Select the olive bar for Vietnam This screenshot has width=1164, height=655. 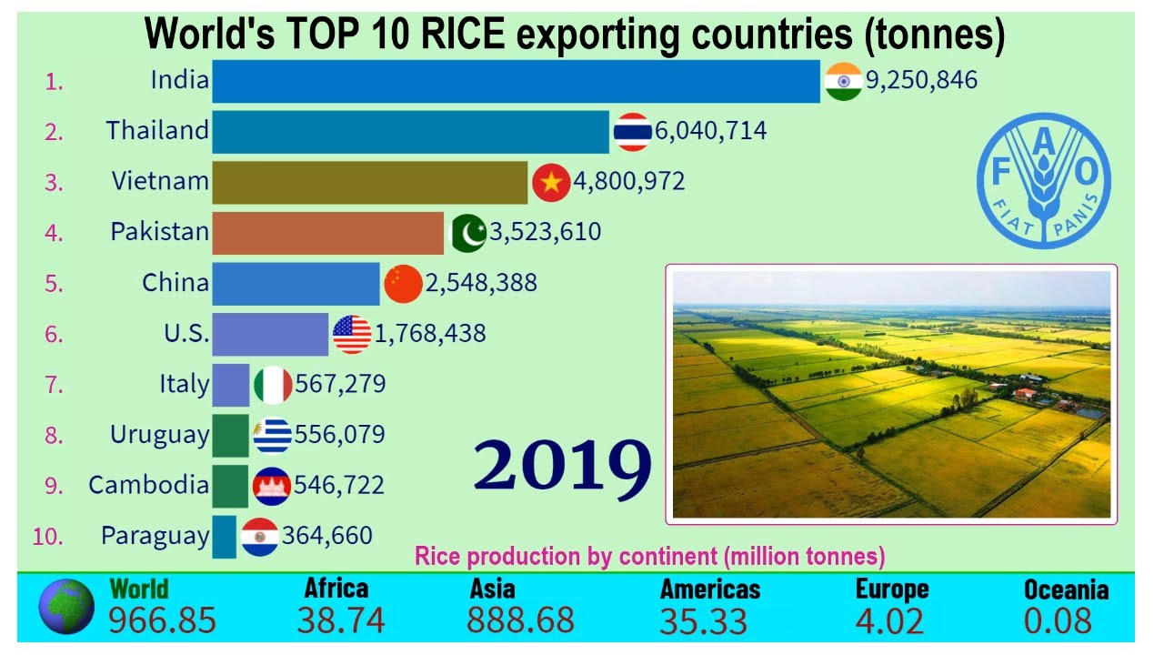tap(369, 182)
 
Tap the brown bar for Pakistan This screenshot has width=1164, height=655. tap(327, 233)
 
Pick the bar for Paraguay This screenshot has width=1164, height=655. tap(224, 536)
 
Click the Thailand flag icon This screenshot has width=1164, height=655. tap(631, 132)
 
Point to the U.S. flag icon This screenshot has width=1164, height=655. tap(351, 334)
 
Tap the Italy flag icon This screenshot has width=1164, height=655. tap(272, 385)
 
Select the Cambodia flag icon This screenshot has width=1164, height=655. tap(272, 486)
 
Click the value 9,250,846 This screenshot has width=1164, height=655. tap(921, 81)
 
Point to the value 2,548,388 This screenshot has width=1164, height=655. tap(481, 283)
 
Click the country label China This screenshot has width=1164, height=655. tap(176, 283)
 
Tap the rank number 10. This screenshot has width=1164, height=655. tap(47, 537)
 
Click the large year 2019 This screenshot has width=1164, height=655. tap(562, 466)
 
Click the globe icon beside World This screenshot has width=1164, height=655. tap(66, 607)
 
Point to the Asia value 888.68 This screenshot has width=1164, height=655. tap(520, 620)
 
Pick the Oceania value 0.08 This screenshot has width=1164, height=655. tap(1057, 620)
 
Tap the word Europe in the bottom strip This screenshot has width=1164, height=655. tap(891, 589)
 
